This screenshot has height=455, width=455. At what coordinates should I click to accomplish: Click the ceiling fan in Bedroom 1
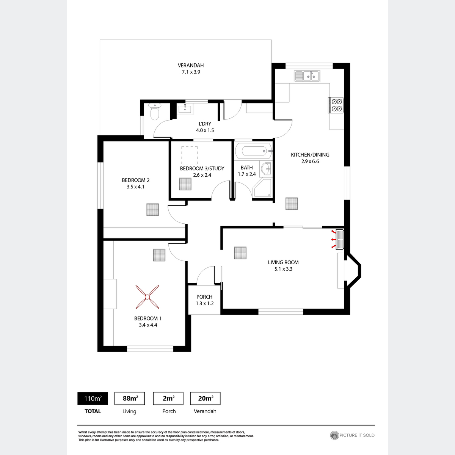[147, 297]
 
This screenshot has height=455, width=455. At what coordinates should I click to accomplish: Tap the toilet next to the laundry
[155, 111]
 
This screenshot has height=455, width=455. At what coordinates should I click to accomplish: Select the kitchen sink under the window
[307, 76]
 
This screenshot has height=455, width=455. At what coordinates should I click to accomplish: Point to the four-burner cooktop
[336, 105]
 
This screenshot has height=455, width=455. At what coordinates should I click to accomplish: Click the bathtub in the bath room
[254, 151]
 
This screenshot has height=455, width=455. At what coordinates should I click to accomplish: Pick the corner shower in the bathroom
[262, 188]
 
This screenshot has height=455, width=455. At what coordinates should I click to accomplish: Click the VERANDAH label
[191, 65]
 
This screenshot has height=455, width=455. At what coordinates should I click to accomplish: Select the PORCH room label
[204, 297]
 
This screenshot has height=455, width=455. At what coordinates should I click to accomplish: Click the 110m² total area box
[93, 399]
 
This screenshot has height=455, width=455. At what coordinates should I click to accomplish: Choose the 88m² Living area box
[130, 399]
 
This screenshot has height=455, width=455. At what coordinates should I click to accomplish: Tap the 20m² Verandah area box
[205, 399]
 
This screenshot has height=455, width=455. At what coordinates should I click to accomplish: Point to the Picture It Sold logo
[352, 435]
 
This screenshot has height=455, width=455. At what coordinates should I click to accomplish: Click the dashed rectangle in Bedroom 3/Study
[189, 155]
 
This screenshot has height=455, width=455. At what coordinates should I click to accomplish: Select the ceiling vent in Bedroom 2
[152, 210]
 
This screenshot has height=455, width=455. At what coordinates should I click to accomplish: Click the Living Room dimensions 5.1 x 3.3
[283, 269]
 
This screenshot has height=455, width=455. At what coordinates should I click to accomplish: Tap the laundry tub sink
[185, 109]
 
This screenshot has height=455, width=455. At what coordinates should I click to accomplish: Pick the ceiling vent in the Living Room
[240, 253]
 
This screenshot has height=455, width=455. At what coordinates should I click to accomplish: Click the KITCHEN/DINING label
[310, 155]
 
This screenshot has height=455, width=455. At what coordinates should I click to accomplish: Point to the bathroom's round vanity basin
[266, 169]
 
